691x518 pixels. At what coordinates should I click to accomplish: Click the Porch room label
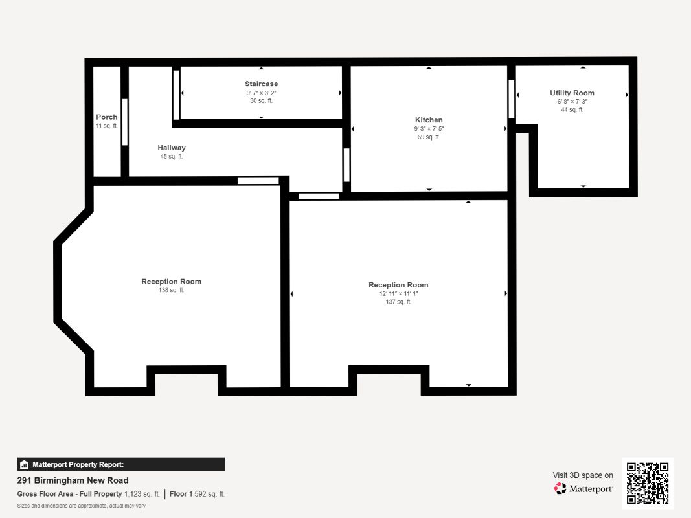click(x=107, y=117)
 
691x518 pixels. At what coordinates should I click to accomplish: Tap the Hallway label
click(x=172, y=148)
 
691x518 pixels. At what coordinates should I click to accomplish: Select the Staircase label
click(x=262, y=84)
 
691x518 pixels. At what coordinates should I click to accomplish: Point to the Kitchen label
click(x=429, y=120)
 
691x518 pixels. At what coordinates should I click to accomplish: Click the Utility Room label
click(x=572, y=93)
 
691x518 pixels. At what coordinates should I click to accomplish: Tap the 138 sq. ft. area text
click(x=172, y=290)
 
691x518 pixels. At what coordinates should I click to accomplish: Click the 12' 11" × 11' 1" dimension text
click(x=398, y=294)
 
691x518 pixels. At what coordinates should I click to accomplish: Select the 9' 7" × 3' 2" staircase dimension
click(x=262, y=93)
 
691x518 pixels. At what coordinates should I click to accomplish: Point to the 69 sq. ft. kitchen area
click(x=429, y=137)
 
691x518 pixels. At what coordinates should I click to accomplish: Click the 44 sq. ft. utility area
click(x=572, y=109)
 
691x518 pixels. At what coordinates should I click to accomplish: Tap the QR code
click(x=648, y=483)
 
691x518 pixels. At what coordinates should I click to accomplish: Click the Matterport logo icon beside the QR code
click(x=560, y=488)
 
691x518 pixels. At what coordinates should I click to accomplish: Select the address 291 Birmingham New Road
click(x=73, y=480)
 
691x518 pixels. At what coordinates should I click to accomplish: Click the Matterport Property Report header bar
click(x=120, y=465)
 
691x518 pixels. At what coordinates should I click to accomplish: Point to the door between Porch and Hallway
click(x=125, y=122)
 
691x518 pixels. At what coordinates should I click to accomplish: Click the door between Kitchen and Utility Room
click(x=511, y=99)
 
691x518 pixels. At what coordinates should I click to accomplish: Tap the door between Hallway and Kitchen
click(x=346, y=164)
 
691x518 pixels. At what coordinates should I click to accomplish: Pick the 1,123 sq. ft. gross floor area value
click(x=142, y=494)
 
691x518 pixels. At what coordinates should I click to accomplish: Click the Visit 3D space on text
click(x=583, y=475)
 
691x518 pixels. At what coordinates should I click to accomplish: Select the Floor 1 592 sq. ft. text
click(x=197, y=494)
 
